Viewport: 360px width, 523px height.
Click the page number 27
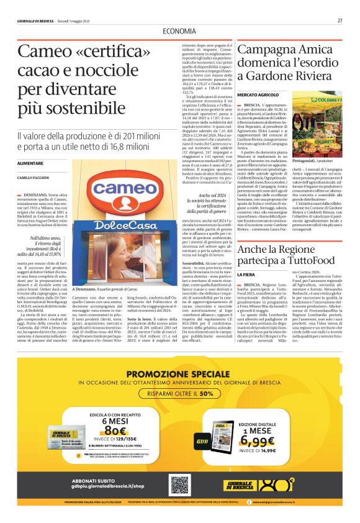click(x=340, y=20)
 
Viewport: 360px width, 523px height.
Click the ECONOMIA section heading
click(x=179, y=32)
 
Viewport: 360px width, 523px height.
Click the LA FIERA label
click(x=246, y=274)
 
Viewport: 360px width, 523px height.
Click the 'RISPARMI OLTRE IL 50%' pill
click(x=179, y=393)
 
